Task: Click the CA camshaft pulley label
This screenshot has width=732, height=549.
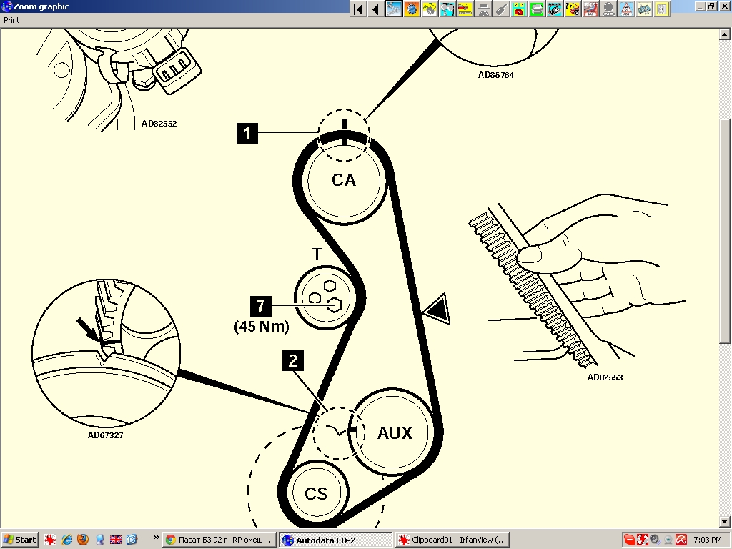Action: (x=344, y=180)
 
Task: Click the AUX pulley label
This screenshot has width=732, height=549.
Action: (x=395, y=432)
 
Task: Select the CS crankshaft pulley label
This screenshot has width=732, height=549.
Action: (x=316, y=493)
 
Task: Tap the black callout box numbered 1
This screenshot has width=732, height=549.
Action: (x=247, y=133)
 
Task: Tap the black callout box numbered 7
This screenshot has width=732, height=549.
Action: (x=260, y=306)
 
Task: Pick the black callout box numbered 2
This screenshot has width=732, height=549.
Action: (x=292, y=361)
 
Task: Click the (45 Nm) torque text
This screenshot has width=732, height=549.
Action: (x=262, y=326)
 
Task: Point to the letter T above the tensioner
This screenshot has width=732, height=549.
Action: (x=317, y=254)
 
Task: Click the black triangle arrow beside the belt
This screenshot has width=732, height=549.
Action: (x=437, y=309)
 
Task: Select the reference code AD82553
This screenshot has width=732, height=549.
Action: (x=605, y=377)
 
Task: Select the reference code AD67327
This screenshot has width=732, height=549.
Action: (x=106, y=435)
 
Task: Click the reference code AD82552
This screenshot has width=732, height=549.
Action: (x=159, y=124)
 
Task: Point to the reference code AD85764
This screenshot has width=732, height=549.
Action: (x=496, y=74)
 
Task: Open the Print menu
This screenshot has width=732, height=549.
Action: (x=11, y=20)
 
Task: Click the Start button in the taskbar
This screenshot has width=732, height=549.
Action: (x=19, y=540)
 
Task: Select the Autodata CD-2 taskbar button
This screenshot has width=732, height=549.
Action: (x=337, y=540)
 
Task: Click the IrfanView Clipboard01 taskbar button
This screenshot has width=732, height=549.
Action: (x=452, y=540)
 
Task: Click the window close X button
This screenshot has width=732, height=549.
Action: (x=723, y=6)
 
